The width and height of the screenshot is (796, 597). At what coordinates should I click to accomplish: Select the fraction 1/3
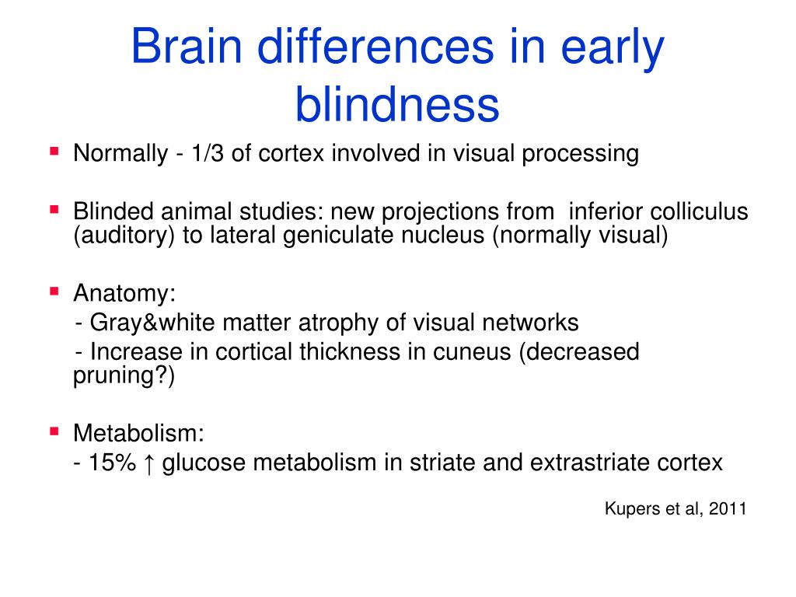tap(209, 154)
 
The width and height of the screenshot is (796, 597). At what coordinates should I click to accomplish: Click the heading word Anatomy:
tap(124, 295)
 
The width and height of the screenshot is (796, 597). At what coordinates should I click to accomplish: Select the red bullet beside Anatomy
tap(54, 292)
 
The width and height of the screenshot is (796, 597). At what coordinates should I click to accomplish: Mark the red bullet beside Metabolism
tap(54, 430)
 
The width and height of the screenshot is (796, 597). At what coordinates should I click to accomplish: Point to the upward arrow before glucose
tap(150, 463)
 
